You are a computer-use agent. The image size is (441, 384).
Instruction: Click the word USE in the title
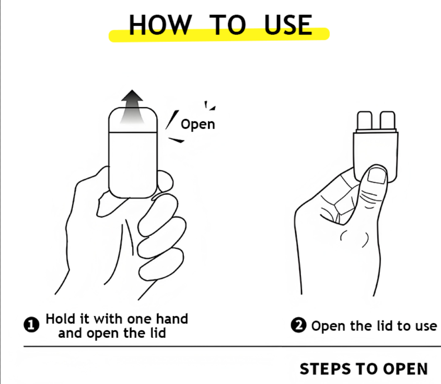(288, 25)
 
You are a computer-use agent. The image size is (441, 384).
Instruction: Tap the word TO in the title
(227, 25)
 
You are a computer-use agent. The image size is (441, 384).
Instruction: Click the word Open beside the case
(198, 124)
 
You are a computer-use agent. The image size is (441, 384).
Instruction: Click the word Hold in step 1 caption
(59, 319)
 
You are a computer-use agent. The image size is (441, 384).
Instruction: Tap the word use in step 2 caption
(425, 326)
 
